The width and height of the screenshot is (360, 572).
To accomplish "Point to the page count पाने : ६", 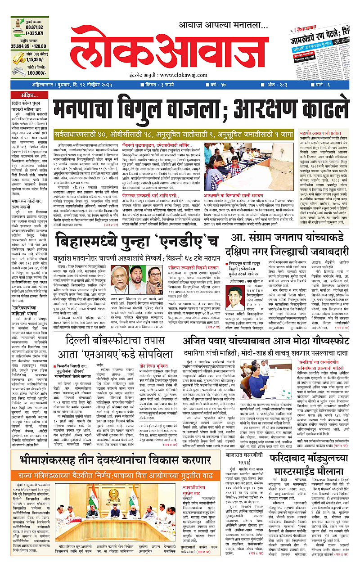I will click(x=335, y=84).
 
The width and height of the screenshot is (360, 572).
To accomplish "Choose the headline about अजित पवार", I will click(x=265, y=342).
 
